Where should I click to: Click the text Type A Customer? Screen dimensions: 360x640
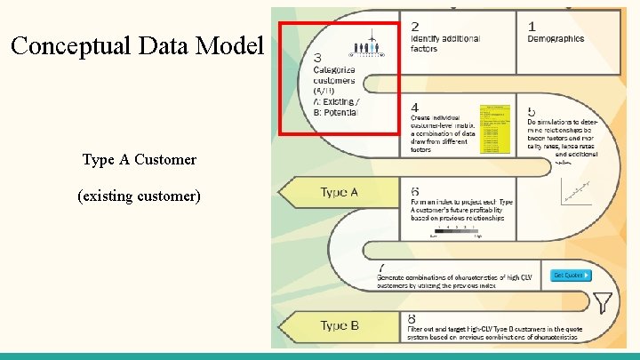tap(139, 160)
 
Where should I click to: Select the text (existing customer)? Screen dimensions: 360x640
tap(139, 195)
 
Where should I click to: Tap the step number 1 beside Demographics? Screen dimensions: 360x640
tap(532, 27)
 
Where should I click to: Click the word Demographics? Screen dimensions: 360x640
tap(556, 39)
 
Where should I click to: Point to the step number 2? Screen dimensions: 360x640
tap(415, 27)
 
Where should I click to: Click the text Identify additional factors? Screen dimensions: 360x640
tap(444, 44)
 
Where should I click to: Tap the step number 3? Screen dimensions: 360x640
tap(318, 58)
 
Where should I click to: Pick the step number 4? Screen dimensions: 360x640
tap(415, 108)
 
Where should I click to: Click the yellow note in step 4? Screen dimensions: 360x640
tap(495, 128)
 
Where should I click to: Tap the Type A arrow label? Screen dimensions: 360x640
tap(339, 192)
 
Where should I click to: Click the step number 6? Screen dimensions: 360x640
tap(415, 192)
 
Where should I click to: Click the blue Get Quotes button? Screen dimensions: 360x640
tap(568, 275)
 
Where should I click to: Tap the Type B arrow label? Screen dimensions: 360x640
tap(339, 325)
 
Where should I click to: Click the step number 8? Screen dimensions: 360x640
tap(412, 318)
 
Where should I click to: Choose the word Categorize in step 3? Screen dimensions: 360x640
tap(334, 70)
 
